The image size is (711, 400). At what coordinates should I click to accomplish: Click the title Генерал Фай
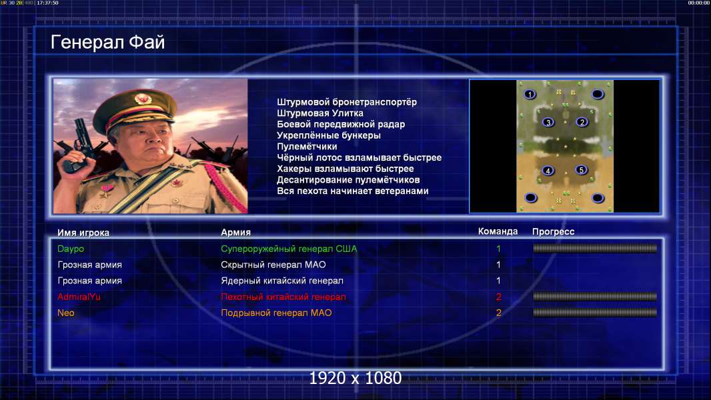[x=107, y=42]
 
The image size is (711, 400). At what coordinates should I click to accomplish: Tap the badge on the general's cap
[x=142, y=99]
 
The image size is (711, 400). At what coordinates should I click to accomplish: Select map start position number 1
[x=530, y=94]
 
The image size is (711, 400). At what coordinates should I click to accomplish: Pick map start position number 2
[x=582, y=122]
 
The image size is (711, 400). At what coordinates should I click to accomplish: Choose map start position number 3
[x=548, y=122]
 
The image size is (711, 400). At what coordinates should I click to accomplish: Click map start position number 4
[x=548, y=171]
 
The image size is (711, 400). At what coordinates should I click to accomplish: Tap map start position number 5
[x=582, y=170]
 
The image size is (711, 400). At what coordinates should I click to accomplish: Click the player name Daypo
[x=71, y=249]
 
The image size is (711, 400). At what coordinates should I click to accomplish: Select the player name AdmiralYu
[x=79, y=297]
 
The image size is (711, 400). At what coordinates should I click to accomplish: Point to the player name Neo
[x=66, y=313]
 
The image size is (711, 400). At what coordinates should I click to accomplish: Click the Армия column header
[x=236, y=233]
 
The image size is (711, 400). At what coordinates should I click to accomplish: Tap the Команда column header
[x=498, y=231]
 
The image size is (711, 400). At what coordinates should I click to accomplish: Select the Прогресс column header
[x=553, y=231]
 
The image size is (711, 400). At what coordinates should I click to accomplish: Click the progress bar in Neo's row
[x=595, y=313]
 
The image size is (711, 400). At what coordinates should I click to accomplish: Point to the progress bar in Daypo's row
[x=595, y=248]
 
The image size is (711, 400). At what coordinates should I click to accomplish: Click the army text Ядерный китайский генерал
[x=282, y=281]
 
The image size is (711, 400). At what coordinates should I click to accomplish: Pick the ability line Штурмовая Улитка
[x=320, y=113]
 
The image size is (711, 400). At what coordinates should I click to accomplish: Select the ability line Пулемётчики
[x=307, y=146]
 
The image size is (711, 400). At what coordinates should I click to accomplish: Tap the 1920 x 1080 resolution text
[x=355, y=378]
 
